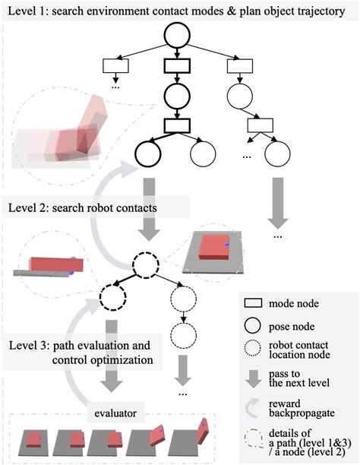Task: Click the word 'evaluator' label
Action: point(115,413)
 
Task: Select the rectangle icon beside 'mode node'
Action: point(253,303)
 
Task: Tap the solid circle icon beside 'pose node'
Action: point(253,326)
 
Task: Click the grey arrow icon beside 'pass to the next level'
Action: point(253,379)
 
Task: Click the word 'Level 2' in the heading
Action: point(27,207)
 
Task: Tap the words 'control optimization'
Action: point(103,360)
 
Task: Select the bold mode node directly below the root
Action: point(177,66)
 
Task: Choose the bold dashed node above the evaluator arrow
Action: point(112,297)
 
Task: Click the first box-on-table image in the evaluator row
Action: point(33,442)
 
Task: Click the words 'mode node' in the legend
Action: point(294,303)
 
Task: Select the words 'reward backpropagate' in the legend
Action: point(302,408)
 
